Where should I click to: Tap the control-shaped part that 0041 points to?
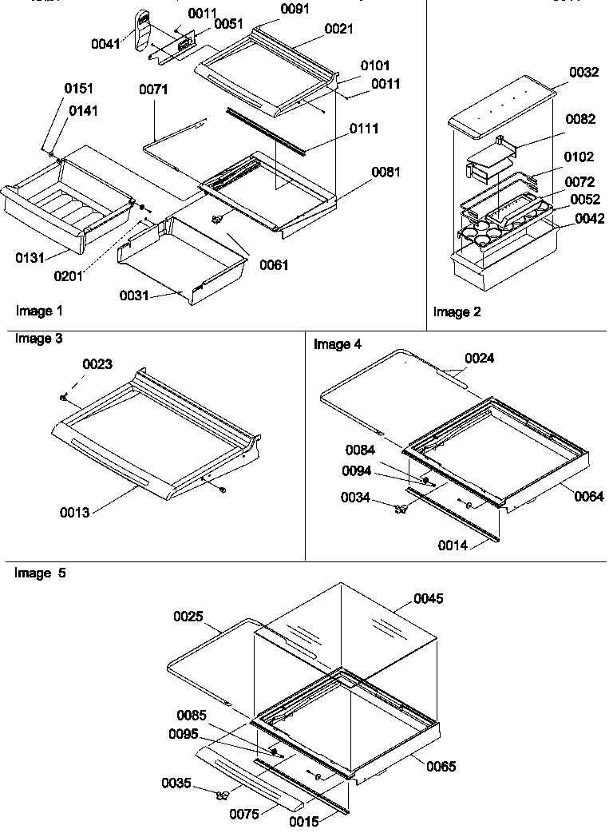143,30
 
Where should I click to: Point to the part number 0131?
29,257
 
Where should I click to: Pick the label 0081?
386,172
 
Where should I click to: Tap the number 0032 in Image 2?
584,73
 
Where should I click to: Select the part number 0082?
580,119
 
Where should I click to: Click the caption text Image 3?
38,339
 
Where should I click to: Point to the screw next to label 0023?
63,396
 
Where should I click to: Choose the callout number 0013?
74,512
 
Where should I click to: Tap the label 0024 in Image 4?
479,359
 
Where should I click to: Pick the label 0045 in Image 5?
429,598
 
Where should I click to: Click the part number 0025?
188,617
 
